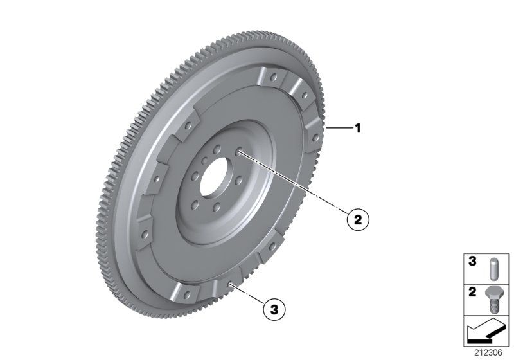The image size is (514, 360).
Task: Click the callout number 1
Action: (x=358, y=129)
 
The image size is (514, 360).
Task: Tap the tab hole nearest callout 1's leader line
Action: (x=313, y=136)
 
